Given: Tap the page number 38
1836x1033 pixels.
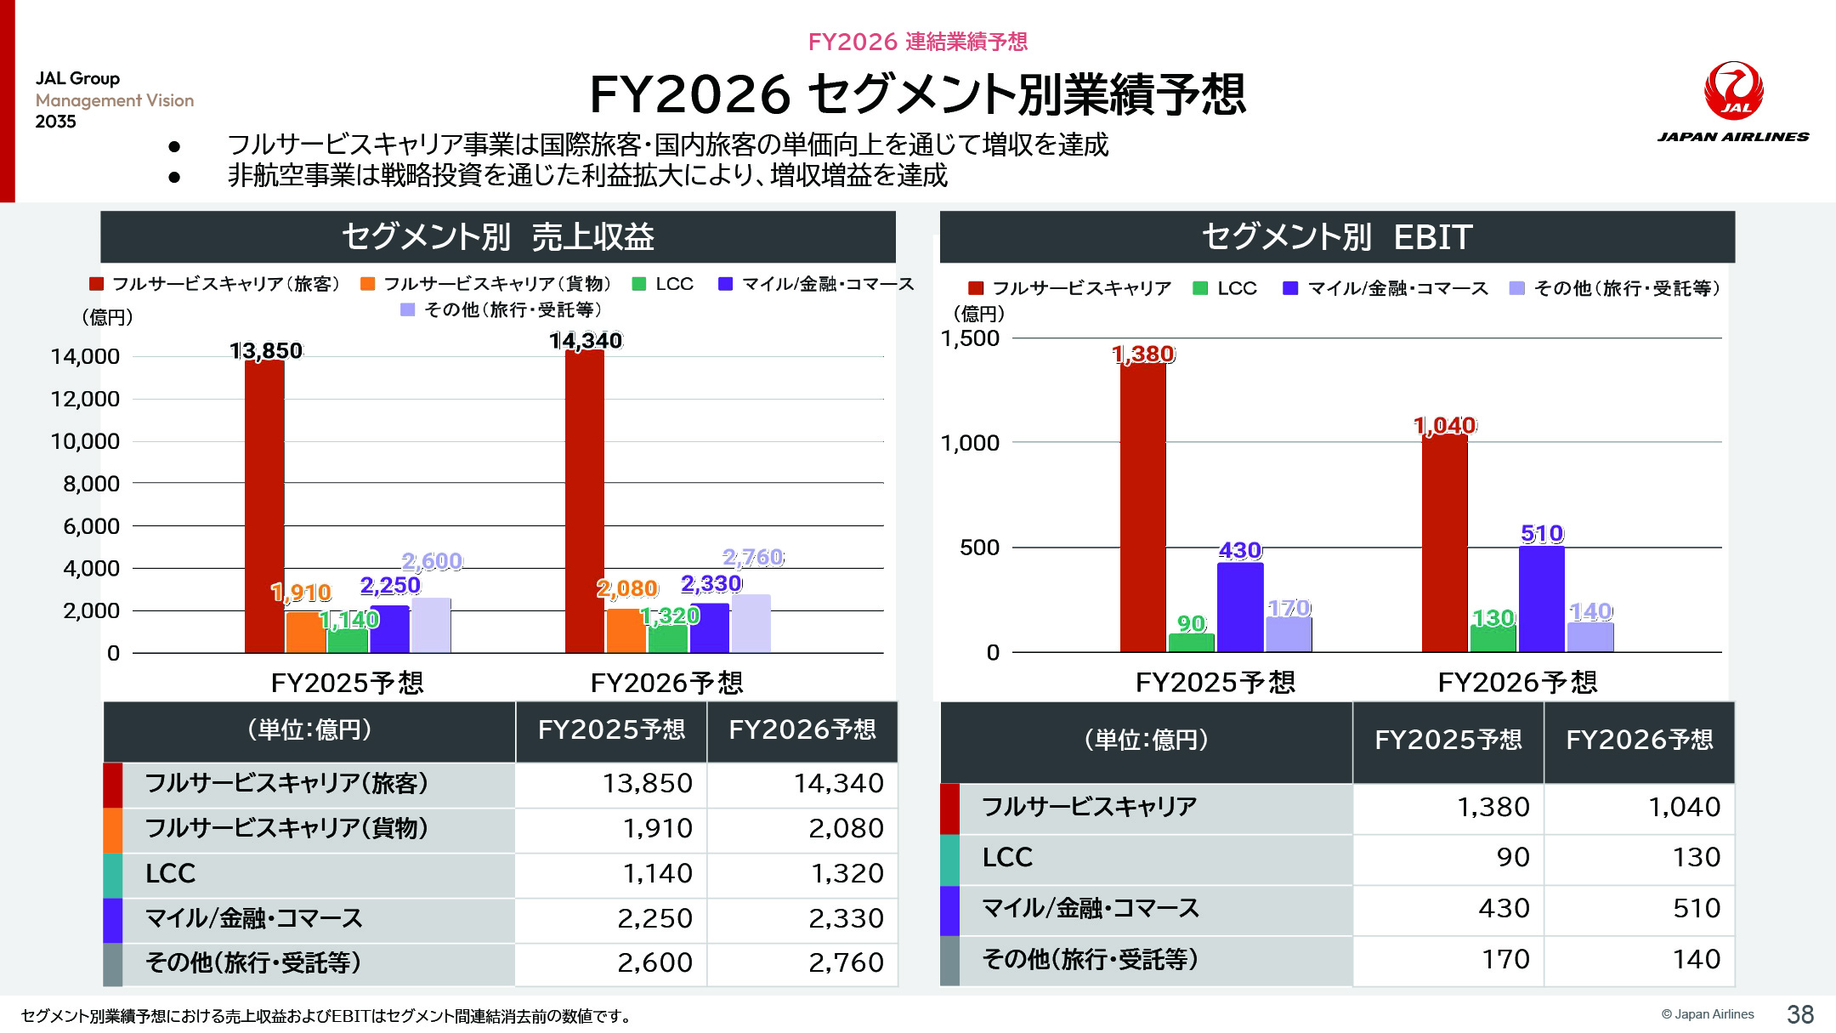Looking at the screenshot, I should coord(1799,1013).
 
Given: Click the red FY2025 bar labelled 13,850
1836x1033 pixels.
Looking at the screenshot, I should coord(264,506).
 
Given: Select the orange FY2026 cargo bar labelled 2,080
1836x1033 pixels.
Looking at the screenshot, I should coord(626,630).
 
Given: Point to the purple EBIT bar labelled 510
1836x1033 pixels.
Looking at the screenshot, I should coord(1541,599).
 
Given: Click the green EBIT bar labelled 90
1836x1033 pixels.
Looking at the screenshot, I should coord(1191,643).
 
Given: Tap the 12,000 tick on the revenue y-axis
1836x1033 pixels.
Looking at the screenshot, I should coord(85,399).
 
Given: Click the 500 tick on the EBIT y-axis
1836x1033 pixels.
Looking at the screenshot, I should coord(979,548).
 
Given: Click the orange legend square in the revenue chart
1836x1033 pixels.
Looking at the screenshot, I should coord(367,284).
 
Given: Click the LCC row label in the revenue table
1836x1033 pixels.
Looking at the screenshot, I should coord(170,873).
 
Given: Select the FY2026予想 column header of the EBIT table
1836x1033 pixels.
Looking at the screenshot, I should coord(1639,740).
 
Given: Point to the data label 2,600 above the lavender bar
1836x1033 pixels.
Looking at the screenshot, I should coord(432,561).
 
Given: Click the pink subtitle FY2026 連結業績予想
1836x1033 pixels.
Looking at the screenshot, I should coord(917,42).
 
